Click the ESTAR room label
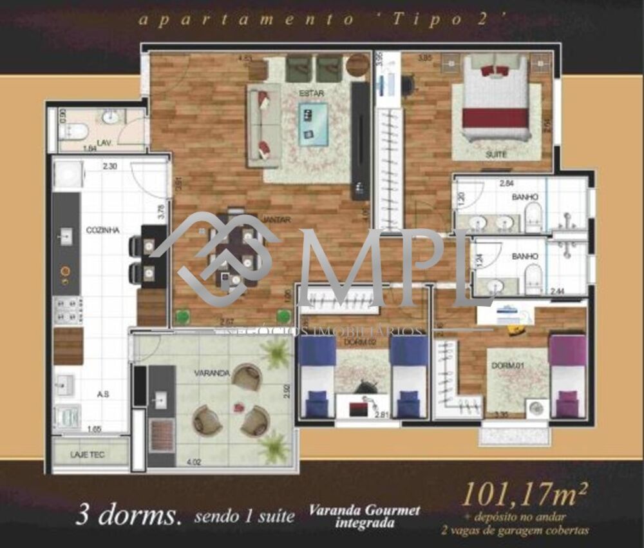tap(311, 93)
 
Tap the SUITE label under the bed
tap(496, 155)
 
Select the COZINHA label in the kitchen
tap(102, 230)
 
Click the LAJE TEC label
tap(87, 455)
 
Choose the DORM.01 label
tap(505, 366)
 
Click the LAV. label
tap(104, 142)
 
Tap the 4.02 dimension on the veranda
tap(194, 462)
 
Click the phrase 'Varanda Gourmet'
tap(364, 511)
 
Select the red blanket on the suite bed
tap(496, 117)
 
